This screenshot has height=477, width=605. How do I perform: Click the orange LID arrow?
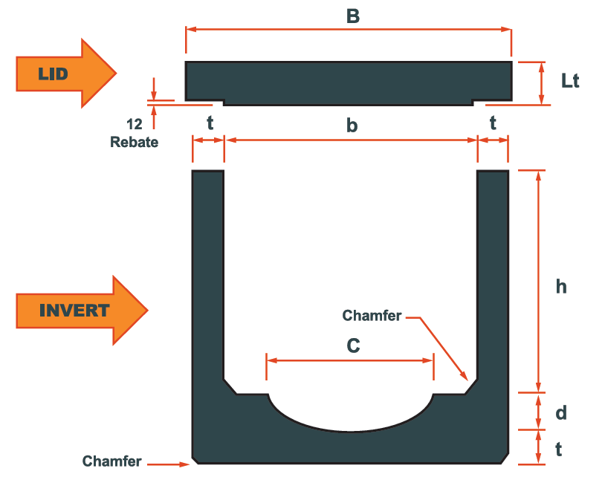[63, 73]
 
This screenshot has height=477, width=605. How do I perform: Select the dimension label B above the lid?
[353, 16]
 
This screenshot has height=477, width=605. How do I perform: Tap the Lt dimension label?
[570, 81]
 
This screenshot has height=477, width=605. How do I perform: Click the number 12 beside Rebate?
[135, 125]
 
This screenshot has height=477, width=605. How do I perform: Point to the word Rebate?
[135, 142]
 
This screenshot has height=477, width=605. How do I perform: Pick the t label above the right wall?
[493, 124]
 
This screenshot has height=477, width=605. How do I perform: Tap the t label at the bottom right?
[559, 449]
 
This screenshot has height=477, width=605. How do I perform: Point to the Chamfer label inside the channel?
[372, 316]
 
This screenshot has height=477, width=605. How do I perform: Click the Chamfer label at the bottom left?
[111, 461]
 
